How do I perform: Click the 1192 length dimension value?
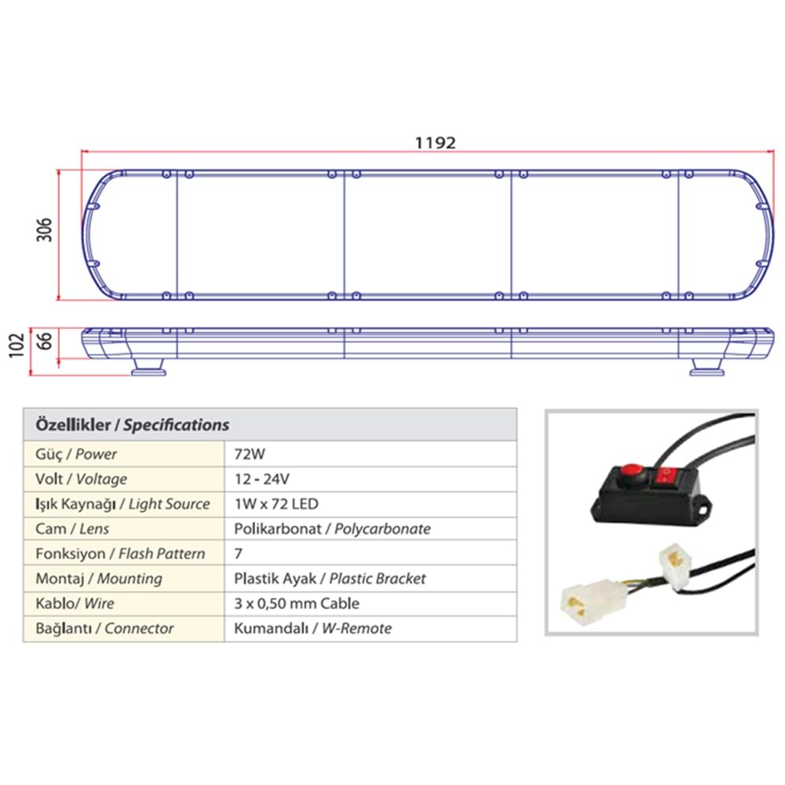[x=434, y=143]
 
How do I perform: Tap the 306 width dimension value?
[x=46, y=229]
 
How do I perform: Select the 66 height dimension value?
[x=46, y=343]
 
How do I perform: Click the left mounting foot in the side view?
[x=148, y=367]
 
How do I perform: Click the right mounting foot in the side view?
[x=709, y=367]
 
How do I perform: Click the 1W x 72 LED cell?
[x=276, y=504]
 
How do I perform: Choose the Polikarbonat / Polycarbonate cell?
[x=332, y=529]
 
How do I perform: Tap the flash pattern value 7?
[x=238, y=554]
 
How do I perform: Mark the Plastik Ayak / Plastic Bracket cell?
[x=330, y=579]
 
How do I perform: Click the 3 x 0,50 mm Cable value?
[x=297, y=604]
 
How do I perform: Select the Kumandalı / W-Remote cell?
[x=312, y=629]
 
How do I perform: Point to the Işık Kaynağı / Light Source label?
[x=122, y=504]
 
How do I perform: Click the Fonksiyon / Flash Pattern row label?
[x=120, y=554]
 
